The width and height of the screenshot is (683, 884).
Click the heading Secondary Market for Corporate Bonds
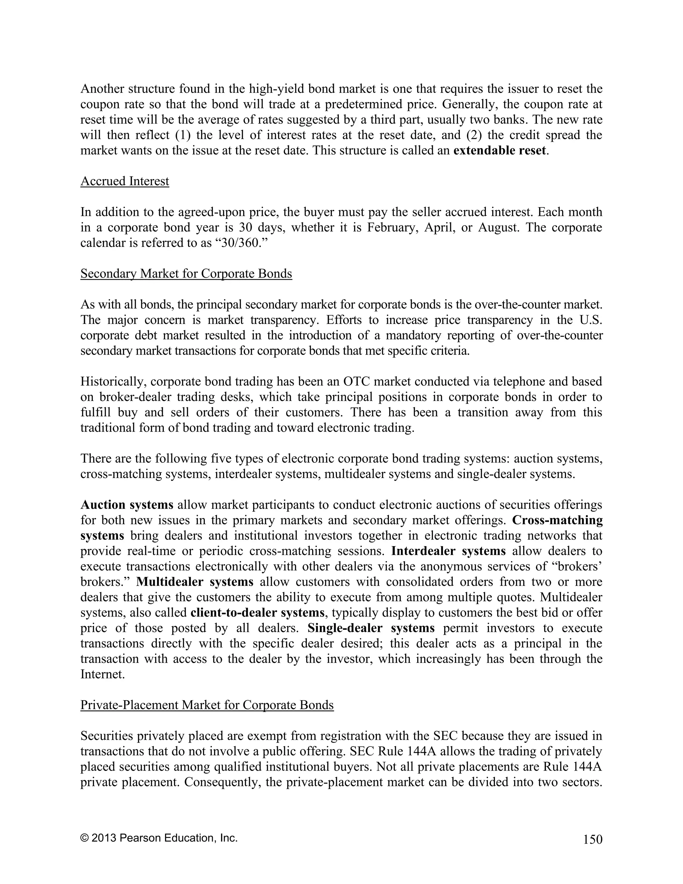tap(186, 274)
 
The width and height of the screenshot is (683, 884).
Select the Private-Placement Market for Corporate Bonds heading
tap(207, 705)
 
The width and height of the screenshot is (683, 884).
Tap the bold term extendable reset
tap(500, 150)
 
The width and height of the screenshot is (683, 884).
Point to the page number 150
tap(593, 840)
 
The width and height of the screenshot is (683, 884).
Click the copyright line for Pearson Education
tap(159, 837)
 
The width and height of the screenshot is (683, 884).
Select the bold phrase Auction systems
tap(127, 505)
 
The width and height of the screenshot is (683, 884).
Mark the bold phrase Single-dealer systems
tap(371, 628)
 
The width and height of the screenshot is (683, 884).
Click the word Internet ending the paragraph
tap(102, 674)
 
